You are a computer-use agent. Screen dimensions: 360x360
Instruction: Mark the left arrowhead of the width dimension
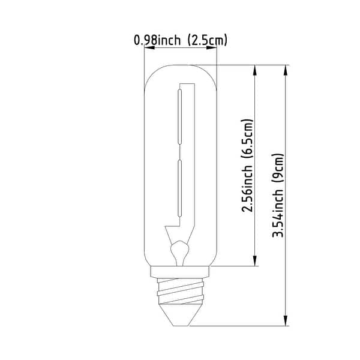pos(148,49)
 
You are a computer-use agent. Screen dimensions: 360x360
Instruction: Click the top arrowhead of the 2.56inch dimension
pos(257,70)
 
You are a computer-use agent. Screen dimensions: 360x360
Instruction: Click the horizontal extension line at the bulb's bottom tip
pos(240,326)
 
